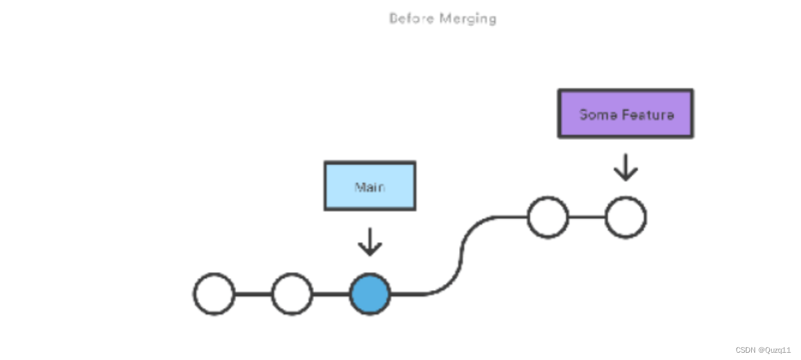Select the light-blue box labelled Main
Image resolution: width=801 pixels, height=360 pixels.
370,186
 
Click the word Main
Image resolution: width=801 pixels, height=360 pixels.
370,187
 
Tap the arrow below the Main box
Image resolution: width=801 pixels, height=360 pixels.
370,243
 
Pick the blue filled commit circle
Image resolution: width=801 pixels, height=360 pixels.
370,294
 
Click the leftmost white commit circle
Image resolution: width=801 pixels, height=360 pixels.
214,294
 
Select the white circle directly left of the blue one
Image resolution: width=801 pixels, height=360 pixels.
292,294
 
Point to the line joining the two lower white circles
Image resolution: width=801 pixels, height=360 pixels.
253,294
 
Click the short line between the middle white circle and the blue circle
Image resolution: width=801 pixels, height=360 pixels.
331,294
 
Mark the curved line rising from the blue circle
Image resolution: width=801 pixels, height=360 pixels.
460,256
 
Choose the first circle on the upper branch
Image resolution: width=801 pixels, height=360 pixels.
548,217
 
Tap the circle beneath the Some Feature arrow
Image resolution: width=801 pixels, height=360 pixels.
625,217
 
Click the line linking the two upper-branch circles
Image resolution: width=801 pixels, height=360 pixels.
587,217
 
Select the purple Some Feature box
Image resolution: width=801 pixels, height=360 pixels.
625,114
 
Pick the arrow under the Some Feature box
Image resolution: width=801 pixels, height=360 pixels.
625,168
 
